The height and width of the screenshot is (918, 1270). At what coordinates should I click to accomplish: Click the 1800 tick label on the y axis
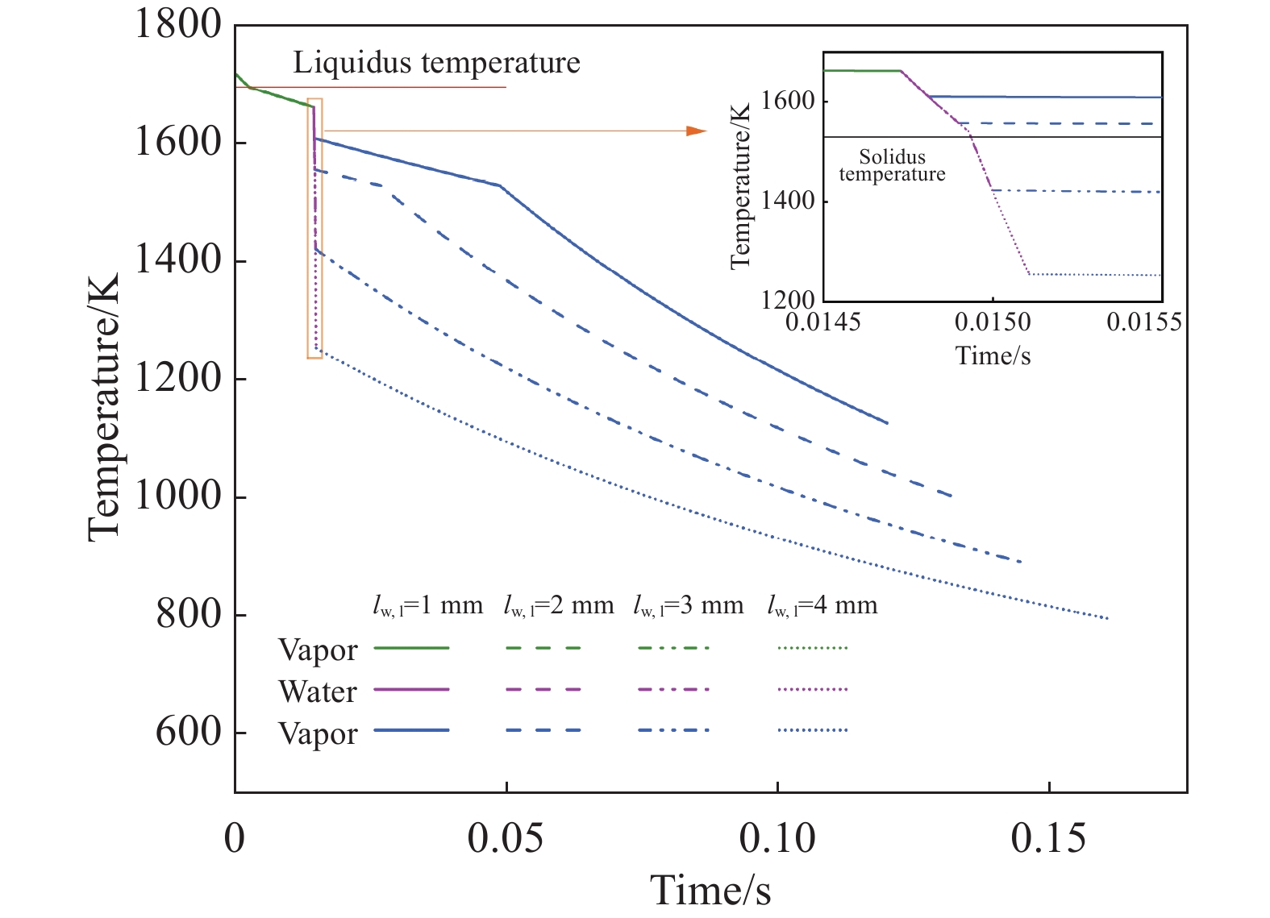click(177, 25)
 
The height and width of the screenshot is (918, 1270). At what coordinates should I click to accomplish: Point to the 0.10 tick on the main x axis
click(777, 839)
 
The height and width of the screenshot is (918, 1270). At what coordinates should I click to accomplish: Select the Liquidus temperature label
click(436, 63)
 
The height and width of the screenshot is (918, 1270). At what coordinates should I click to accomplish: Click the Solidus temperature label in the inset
click(892, 166)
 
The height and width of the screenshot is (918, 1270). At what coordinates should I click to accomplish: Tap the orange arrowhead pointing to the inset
click(696, 131)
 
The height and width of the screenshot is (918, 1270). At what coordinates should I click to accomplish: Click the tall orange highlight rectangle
click(315, 229)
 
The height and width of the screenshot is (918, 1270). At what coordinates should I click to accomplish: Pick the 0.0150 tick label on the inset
click(993, 323)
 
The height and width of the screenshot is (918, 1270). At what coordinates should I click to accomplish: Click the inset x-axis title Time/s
click(993, 355)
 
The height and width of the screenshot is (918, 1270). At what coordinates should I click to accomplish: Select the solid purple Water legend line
click(412, 690)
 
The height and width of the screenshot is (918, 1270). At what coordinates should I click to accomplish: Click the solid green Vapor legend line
click(412, 648)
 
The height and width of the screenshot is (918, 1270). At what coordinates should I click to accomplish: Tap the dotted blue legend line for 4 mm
click(813, 731)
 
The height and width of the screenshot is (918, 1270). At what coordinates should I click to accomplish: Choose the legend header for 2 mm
click(558, 605)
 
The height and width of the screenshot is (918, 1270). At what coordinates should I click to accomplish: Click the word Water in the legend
click(318, 692)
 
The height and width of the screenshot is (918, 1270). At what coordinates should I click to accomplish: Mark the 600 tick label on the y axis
click(189, 733)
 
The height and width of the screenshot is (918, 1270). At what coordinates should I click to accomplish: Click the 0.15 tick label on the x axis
click(1048, 839)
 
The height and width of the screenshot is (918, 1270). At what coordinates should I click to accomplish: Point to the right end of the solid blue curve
click(887, 422)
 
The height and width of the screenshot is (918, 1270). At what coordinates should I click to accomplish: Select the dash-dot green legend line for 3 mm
click(673, 648)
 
